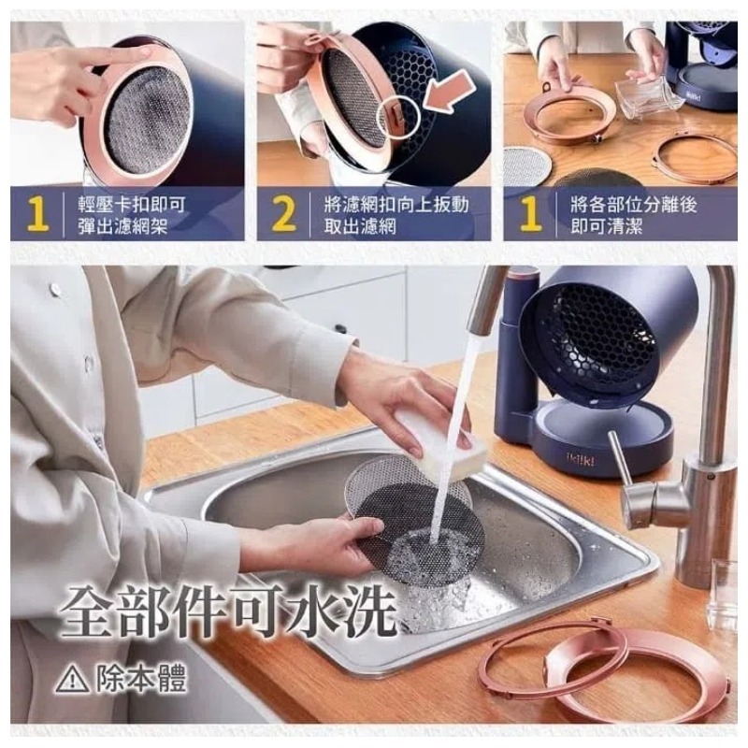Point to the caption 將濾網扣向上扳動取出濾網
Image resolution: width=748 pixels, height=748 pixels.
click(x=393, y=215)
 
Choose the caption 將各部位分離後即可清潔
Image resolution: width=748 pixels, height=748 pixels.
click(x=640, y=215)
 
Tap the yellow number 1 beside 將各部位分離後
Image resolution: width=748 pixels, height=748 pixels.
click(x=530, y=214)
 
